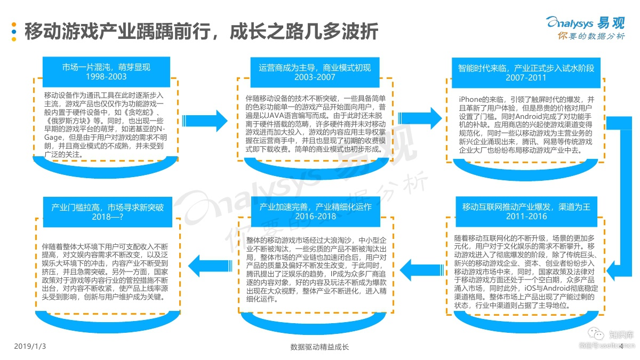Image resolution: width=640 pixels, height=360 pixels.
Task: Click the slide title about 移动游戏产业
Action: point(202,31)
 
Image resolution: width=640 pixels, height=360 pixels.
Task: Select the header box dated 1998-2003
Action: point(106,71)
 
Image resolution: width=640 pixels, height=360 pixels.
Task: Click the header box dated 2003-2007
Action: point(315,73)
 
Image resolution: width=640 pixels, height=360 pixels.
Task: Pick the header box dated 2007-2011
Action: point(526,73)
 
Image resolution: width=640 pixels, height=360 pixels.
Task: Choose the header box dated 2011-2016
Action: point(526,212)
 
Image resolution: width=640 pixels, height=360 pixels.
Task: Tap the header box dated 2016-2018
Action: point(315,212)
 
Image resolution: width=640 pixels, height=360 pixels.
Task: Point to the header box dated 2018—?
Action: point(107,212)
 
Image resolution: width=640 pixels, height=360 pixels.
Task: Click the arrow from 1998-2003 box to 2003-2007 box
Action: point(205,121)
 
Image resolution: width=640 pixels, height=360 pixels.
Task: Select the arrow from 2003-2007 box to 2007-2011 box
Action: point(420,118)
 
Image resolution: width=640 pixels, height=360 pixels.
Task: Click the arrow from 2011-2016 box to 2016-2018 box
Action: point(422,270)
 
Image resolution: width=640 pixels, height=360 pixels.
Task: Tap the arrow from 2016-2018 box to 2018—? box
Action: point(210,266)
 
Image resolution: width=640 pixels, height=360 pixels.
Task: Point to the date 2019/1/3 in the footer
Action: point(30,346)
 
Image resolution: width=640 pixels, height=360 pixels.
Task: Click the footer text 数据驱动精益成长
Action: point(319,347)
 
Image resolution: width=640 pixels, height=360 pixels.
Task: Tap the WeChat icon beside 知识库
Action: point(596,334)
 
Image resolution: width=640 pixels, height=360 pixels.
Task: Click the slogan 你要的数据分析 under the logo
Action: point(591,36)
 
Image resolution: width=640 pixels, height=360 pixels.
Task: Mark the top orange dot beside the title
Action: point(14,25)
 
